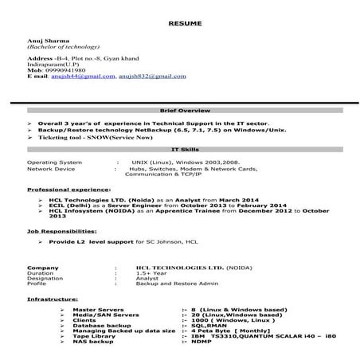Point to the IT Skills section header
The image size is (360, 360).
(x=180, y=148)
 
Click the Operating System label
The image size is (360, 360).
(x=54, y=162)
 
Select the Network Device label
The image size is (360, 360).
(x=51, y=169)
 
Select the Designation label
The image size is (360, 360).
(x=45, y=278)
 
